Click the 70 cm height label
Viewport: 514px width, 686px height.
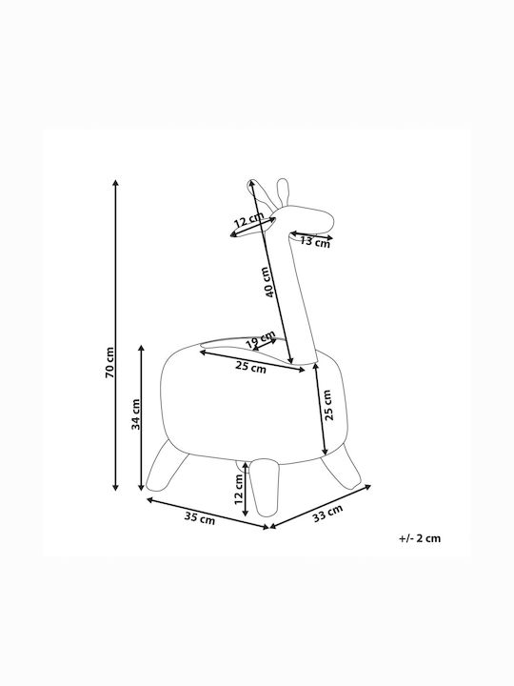(x=109, y=363)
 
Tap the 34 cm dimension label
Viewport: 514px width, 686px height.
(x=136, y=414)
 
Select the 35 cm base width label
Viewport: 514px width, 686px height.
(x=200, y=518)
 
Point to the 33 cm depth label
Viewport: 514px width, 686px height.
(x=327, y=514)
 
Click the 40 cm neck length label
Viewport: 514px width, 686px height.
(x=269, y=282)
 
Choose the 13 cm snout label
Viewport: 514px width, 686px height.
(x=315, y=241)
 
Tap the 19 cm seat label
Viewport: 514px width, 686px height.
(x=260, y=338)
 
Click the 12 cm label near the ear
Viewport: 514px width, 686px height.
(x=248, y=219)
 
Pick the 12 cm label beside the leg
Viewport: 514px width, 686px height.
(x=239, y=489)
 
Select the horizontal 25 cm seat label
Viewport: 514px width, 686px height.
(x=251, y=367)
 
